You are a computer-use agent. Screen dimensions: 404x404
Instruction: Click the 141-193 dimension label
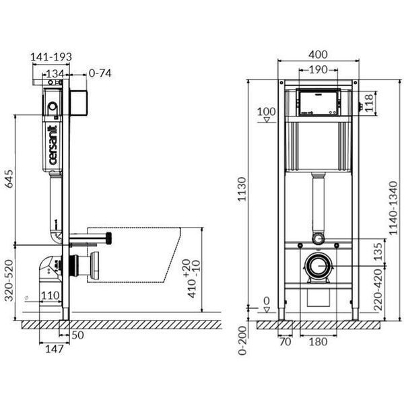click(51, 57)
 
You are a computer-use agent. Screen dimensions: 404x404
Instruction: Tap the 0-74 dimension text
click(100, 73)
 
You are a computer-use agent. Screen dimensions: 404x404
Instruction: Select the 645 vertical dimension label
click(9, 179)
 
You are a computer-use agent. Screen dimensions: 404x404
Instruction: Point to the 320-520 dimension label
click(9, 281)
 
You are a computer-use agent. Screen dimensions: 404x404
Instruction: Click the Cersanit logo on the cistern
click(53, 145)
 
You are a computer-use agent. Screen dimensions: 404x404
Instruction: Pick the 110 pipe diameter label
click(50, 296)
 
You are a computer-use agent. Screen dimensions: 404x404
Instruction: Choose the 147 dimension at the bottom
click(54, 349)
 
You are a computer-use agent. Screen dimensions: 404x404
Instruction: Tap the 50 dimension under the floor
click(77, 335)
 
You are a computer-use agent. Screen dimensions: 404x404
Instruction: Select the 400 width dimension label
click(318, 55)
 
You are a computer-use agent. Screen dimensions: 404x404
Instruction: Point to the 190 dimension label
click(318, 69)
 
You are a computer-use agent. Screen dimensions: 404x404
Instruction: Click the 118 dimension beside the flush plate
click(369, 102)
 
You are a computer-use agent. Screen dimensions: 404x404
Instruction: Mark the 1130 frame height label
click(242, 189)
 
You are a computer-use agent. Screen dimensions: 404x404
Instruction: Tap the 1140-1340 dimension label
click(393, 208)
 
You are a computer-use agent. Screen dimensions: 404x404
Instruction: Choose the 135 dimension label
click(378, 252)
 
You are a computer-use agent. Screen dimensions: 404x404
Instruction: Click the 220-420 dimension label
click(378, 290)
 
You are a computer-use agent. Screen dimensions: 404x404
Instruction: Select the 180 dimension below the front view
click(318, 342)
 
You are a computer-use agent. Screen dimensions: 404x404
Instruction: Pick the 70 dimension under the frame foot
click(285, 342)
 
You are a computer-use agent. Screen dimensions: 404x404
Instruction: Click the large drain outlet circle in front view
click(318, 255)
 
